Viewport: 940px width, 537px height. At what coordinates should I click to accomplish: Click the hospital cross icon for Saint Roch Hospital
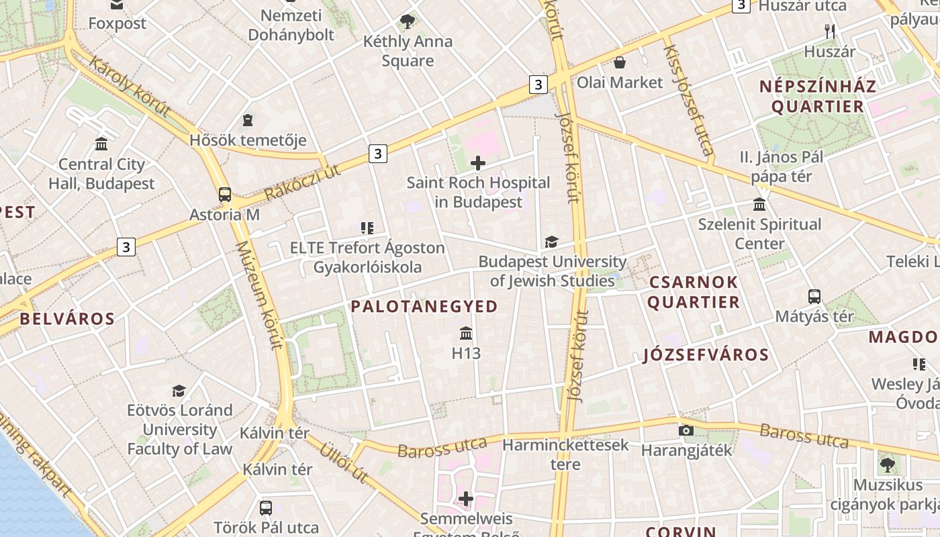pyautogui.click(x=478, y=163)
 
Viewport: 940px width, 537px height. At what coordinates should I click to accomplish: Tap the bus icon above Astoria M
pyautogui.click(x=225, y=195)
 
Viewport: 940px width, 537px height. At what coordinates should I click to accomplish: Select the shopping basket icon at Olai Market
pyautogui.click(x=620, y=63)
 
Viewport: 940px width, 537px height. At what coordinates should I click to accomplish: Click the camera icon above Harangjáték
pyautogui.click(x=686, y=431)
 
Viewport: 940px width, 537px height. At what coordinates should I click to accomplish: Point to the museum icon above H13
pyautogui.click(x=466, y=334)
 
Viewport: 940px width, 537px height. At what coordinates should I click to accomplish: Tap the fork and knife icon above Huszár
pyautogui.click(x=830, y=32)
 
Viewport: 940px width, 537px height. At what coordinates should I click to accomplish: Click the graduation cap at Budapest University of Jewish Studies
pyautogui.click(x=551, y=242)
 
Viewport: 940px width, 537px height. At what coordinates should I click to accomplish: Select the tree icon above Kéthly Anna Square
pyautogui.click(x=407, y=22)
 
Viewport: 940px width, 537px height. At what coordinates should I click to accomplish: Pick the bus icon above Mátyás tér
pyautogui.click(x=814, y=297)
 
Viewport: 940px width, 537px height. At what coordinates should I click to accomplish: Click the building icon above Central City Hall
pyautogui.click(x=101, y=144)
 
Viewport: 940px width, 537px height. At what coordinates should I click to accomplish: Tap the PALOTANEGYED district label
pyautogui.click(x=424, y=307)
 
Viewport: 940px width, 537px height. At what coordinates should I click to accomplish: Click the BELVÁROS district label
pyautogui.click(x=67, y=319)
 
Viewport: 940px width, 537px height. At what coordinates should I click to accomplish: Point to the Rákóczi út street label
pyautogui.click(x=303, y=182)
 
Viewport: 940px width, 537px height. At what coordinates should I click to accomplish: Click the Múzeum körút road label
pyautogui.click(x=257, y=295)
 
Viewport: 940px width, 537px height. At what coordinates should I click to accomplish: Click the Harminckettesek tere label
pyautogui.click(x=565, y=454)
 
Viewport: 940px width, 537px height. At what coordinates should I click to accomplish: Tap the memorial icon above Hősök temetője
pyautogui.click(x=248, y=121)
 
